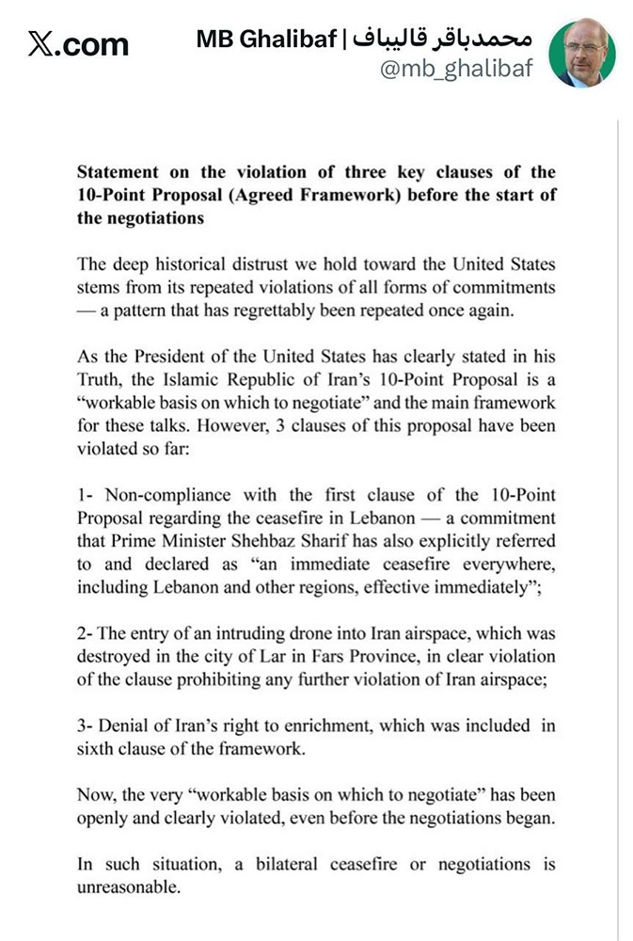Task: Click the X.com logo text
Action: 79,44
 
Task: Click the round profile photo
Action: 582,54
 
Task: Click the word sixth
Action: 97,748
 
